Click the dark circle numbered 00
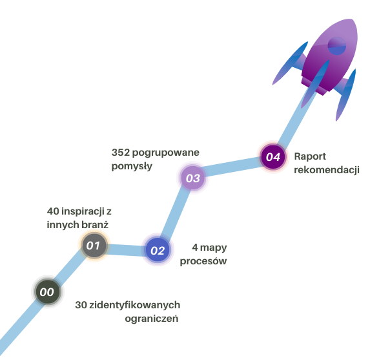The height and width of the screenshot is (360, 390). [x=47, y=291]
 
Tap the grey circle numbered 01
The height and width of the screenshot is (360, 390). [x=94, y=245]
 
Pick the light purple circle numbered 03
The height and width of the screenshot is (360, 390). [x=193, y=177]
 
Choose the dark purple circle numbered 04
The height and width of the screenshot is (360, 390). [x=273, y=156]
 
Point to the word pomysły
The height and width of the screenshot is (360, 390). [x=132, y=165]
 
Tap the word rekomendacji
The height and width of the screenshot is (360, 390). [x=326, y=170]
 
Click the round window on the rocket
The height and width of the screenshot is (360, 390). [x=337, y=45]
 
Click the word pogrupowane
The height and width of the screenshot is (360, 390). [x=165, y=153]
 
